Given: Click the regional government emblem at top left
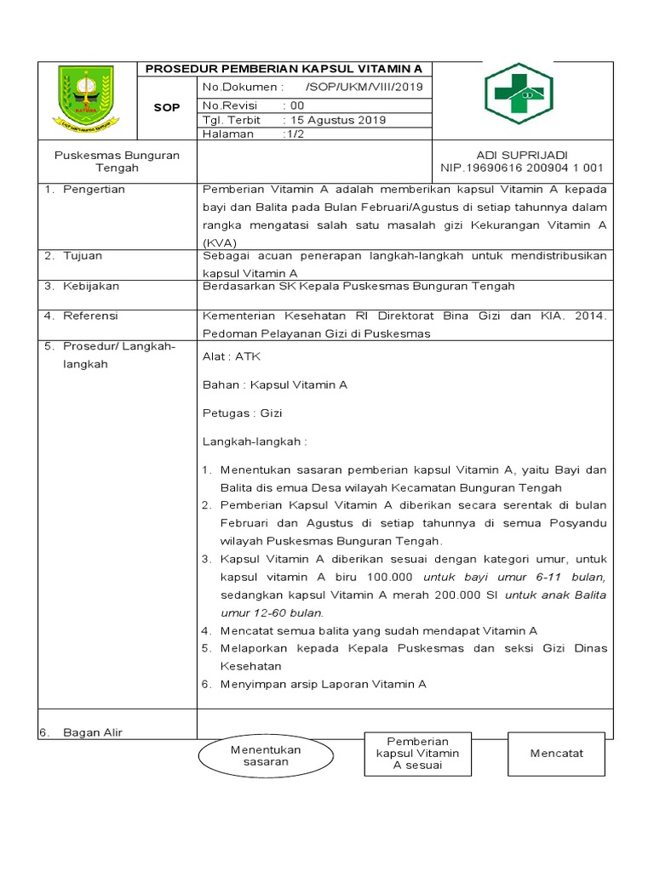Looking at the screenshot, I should point(88,99).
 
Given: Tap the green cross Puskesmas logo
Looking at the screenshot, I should point(519,94).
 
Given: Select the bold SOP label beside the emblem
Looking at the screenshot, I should point(166,108).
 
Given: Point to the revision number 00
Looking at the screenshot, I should point(297,105).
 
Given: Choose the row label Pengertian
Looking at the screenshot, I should point(94,190).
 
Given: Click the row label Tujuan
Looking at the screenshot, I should point(83,256).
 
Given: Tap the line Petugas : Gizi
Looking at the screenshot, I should point(242,413).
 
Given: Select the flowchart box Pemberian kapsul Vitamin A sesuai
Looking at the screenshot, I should point(417,754).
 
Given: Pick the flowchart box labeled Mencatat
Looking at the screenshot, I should point(556,754).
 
